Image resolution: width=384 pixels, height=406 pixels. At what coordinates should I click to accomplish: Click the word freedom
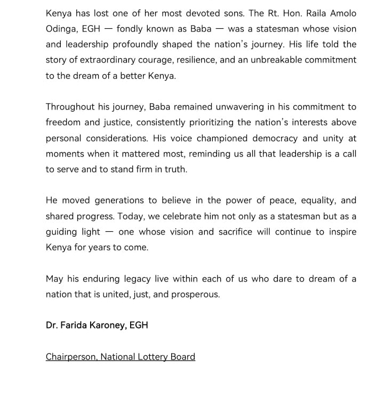63,122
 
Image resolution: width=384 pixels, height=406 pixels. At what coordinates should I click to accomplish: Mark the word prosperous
194,294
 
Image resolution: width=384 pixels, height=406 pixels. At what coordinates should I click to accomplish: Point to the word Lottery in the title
152,356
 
